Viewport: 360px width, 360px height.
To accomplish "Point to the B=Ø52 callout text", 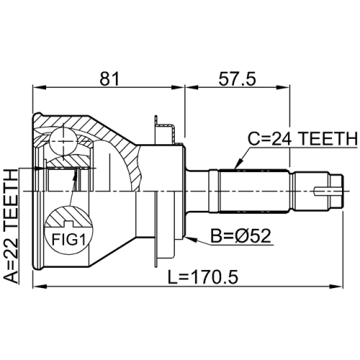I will [240, 235].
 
